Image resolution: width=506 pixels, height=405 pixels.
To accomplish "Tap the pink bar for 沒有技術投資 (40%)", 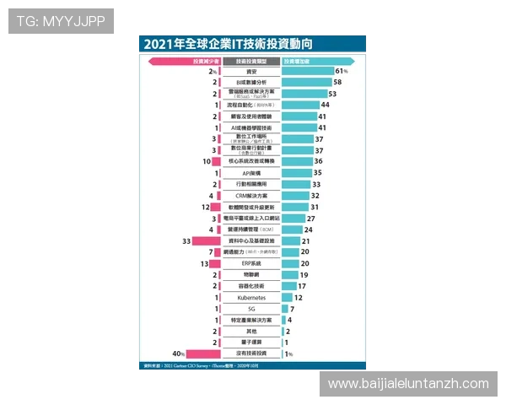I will pos(202,354).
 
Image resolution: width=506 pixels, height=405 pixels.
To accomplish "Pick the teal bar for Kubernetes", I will pos(287,298).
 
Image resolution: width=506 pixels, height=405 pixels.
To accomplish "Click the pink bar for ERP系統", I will pos(216,263).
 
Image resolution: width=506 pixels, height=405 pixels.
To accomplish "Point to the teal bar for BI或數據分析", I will pos(306,83).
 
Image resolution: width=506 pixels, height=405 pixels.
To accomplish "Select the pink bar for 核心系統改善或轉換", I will pos(218,161).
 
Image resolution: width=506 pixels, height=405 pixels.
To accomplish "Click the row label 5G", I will pos(251,309).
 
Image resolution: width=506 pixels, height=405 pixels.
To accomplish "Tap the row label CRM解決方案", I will pos(251,196).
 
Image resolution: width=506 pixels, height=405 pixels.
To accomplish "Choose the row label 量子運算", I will pos(251,343).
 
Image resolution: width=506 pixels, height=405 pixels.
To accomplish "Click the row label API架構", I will pos(251,173).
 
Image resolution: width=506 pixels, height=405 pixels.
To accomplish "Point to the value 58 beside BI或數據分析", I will pos(337,83).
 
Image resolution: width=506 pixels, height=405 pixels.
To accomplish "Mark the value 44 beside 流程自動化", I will pos(326,105).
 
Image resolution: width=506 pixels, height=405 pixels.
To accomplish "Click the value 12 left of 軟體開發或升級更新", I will pos(204,207).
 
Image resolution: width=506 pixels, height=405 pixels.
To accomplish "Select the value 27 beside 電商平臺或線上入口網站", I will pos(311,219).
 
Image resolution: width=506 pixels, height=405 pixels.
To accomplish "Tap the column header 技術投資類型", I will pos(251,61).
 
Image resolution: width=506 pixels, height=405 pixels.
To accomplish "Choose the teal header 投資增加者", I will pos(318,61).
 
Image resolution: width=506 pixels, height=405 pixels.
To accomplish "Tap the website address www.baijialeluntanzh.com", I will pos(408,384).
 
